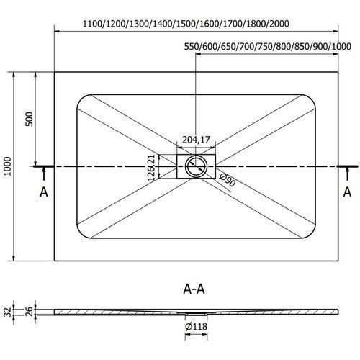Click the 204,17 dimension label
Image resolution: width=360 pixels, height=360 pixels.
[196, 140]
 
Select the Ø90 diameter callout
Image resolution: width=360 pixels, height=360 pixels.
[227, 180]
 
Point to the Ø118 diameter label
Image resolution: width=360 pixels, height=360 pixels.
[196, 326]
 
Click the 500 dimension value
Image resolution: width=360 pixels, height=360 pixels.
[29, 119]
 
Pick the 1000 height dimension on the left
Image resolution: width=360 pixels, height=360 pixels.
[8, 166]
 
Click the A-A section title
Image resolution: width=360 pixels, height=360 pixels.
[194, 289]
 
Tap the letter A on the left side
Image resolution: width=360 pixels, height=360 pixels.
[44, 192]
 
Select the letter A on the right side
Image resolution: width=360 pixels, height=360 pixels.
[347, 192]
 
